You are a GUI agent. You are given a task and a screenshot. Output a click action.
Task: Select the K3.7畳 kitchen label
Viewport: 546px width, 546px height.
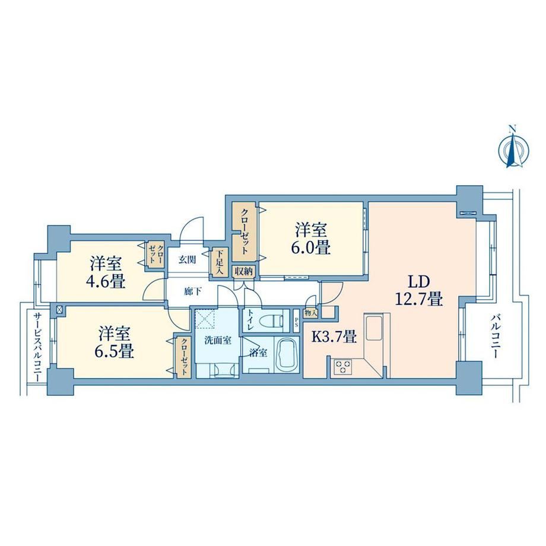click(334, 337)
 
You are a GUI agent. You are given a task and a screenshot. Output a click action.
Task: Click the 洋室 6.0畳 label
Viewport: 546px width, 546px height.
click(312, 239)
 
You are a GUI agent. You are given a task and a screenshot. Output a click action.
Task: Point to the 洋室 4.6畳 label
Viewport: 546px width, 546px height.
click(106, 273)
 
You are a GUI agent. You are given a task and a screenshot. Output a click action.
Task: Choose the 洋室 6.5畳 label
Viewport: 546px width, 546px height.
click(114, 342)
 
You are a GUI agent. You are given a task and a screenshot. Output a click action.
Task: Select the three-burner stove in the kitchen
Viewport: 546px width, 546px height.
click(342, 367)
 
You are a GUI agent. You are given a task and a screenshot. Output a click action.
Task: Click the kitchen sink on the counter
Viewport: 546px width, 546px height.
click(373, 327)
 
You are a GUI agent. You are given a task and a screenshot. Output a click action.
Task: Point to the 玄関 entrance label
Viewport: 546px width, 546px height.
click(188, 259)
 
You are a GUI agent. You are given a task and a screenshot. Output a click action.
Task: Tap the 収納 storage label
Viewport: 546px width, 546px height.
click(243, 271)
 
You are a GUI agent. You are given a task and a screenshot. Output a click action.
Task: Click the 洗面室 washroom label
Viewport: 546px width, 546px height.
click(218, 340)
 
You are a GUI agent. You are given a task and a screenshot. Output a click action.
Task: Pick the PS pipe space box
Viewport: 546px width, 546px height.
click(296, 320)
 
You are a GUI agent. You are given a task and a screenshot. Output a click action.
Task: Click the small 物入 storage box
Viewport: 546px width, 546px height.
click(310, 313)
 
